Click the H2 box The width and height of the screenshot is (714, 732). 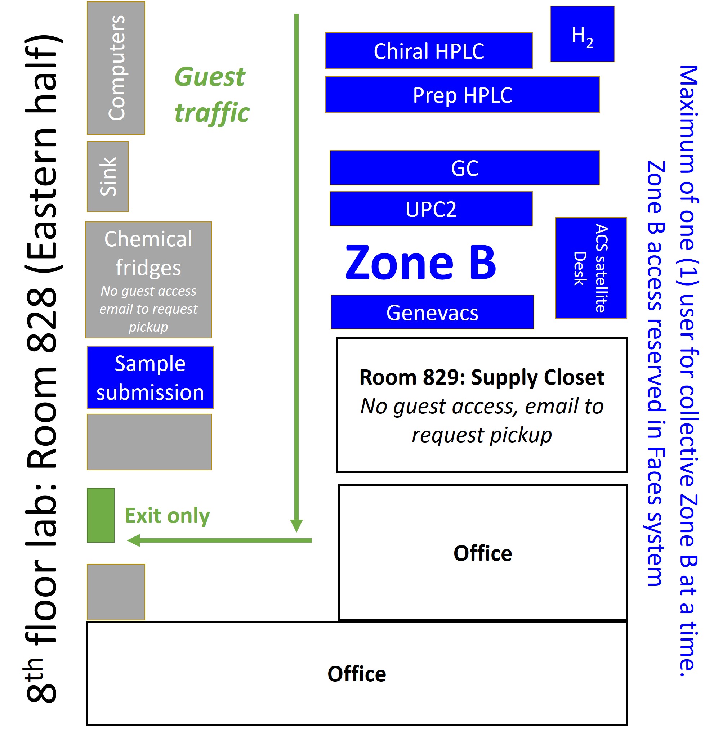click(582, 34)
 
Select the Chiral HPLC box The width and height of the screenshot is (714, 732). click(429, 51)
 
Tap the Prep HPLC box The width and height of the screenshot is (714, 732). click(462, 95)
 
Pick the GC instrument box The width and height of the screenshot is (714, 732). click(464, 168)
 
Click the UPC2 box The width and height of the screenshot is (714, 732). click(431, 209)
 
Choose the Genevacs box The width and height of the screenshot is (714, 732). click(432, 312)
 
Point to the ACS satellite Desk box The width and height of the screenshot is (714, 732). click(591, 268)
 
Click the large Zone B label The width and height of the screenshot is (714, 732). click(420, 263)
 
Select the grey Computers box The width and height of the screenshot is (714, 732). click(116, 68)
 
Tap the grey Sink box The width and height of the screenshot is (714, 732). click(108, 176)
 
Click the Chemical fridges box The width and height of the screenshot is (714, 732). click(148, 280)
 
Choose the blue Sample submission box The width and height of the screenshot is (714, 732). click(150, 377)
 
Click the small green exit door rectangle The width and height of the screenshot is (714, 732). click(101, 515)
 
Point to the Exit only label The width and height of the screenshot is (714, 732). click(167, 516)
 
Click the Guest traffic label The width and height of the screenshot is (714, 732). click(211, 95)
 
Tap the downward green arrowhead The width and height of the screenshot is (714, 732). click(296, 525)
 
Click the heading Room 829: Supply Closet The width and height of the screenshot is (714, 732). click(482, 377)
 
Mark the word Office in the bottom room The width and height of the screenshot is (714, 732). click(357, 674)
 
